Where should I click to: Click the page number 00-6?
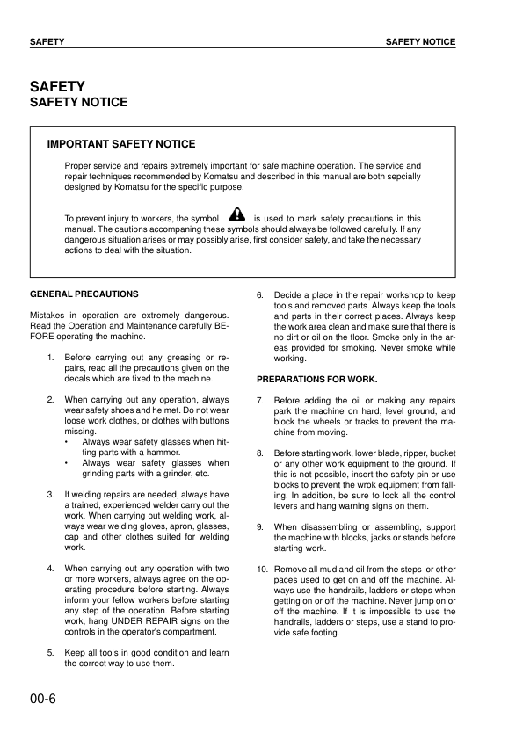click(x=44, y=700)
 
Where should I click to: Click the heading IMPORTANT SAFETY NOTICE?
click(x=121, y=144)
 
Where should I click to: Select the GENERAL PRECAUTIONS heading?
click(x=84, y=294)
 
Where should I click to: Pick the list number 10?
click(x=262, y=570)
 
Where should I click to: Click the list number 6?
click(x=260, y=294)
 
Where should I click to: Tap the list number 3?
click(x=51, y=494)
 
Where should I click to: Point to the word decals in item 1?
click(x=78, y=379)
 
